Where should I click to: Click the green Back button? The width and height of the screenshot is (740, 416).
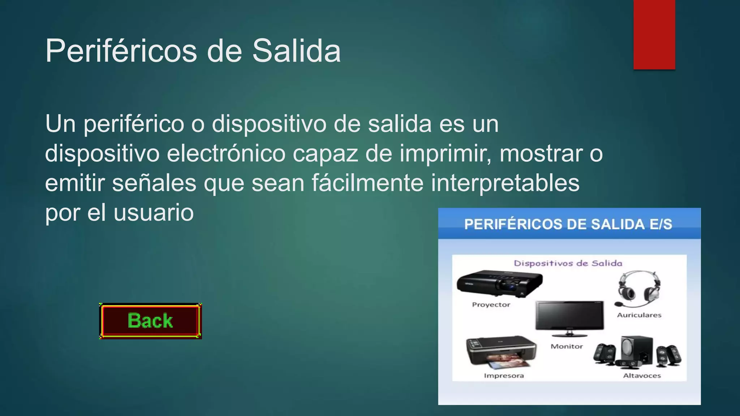[x=150, y=321]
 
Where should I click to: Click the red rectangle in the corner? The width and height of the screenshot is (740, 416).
[x=654, y=34]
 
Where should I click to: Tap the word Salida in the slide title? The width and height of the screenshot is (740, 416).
[x=296, y=51]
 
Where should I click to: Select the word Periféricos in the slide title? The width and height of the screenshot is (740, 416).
[x=121, y=51]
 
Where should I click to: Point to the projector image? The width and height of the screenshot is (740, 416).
[x=499, y=284]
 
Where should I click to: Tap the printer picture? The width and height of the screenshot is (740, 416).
[x=502, y=352]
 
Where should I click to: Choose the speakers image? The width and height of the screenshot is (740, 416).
[x=637, y=352]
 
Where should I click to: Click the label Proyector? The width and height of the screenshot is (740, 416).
[x=491, y=305]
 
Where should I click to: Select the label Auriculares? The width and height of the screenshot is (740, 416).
[x=639, y=315]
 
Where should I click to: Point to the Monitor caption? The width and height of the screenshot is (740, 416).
[x=567, y=347]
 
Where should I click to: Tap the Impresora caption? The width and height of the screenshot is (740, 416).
[x=504, y=376]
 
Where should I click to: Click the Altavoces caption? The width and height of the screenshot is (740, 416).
[x=642, y=376]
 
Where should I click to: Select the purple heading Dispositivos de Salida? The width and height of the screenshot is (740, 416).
[x=568, y=263]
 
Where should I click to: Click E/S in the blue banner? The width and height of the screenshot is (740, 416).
[x=661, y=224]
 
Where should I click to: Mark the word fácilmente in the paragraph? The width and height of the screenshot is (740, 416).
[x=367, y=183]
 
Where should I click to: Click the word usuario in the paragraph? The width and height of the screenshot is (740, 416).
[x=154, y=213]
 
